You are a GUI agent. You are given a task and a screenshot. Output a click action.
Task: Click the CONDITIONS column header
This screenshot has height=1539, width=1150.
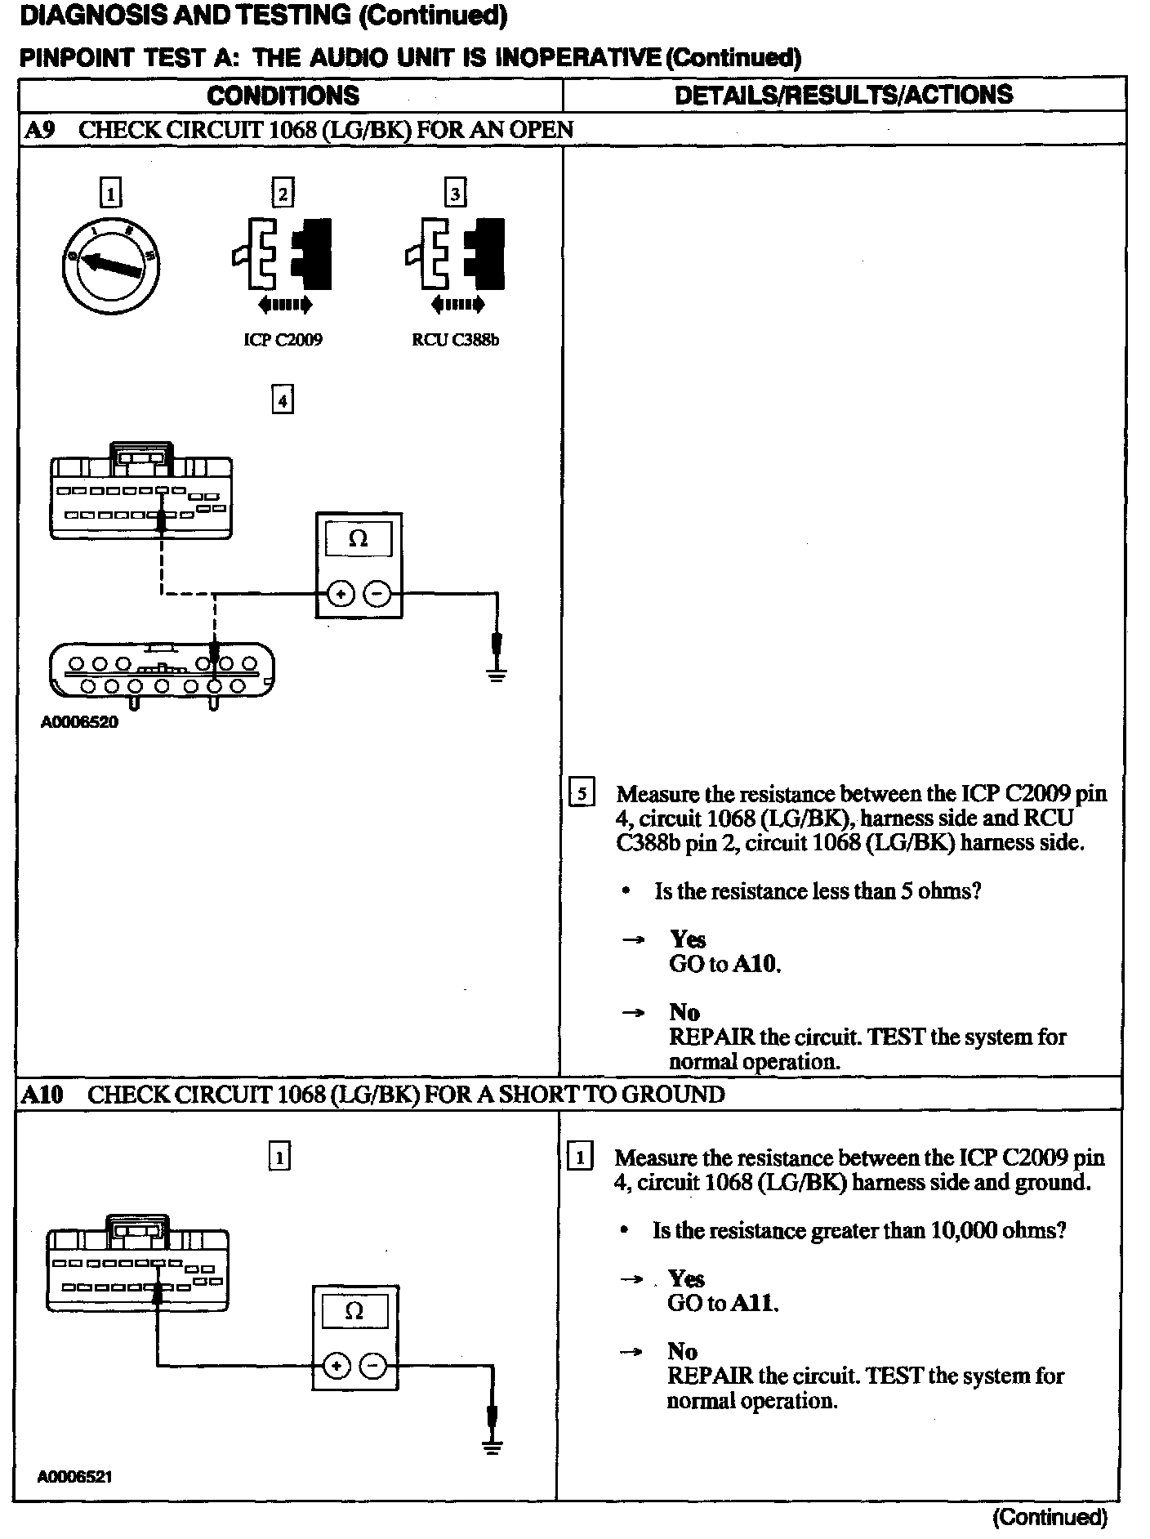point(283,96)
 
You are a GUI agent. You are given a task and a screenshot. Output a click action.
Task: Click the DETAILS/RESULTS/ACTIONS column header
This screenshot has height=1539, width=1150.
point(843,95)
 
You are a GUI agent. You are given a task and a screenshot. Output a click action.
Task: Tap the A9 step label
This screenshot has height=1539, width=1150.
point(39,130)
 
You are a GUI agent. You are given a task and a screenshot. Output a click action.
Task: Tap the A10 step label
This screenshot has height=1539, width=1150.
point(42,1095)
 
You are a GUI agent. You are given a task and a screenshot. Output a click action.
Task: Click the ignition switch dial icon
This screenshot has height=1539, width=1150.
point(110,265)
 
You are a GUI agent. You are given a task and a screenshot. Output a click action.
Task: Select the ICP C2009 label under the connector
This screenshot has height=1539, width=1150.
point(283,340)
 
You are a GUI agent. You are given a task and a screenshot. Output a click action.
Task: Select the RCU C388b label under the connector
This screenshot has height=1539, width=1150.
point(455,340)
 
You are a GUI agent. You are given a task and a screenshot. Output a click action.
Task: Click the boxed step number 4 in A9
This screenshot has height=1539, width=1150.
point(282,401)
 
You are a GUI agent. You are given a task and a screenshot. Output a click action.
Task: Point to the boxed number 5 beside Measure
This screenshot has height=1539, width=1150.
point(582,793)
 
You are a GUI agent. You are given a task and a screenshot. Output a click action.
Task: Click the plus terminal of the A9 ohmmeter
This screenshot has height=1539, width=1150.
point(340,595)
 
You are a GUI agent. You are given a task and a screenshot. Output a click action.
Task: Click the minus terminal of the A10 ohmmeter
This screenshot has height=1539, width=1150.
point(373,1365)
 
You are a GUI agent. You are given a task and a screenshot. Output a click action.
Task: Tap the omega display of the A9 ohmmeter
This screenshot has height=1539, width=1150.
point(358,539)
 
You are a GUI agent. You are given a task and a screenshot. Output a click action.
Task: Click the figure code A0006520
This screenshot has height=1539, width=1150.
point(79,722)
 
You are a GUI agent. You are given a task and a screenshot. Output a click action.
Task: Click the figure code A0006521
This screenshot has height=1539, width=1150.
point(74,1477)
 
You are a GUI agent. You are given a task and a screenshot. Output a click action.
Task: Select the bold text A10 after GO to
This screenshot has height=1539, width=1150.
point(756,965)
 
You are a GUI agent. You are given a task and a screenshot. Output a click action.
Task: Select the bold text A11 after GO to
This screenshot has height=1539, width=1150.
point(754,1303)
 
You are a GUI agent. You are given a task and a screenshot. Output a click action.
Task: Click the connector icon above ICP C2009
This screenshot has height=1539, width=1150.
point(283,255)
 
